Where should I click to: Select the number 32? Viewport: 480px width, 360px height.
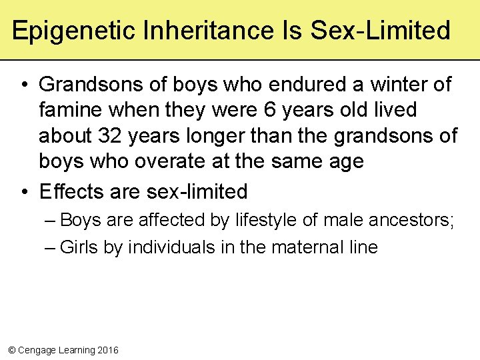[111, 135]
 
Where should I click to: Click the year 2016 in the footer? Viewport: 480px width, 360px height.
[107, 349]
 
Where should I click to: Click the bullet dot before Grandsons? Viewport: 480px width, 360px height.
[23, 85]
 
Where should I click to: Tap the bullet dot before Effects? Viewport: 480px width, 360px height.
[23, 192]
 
